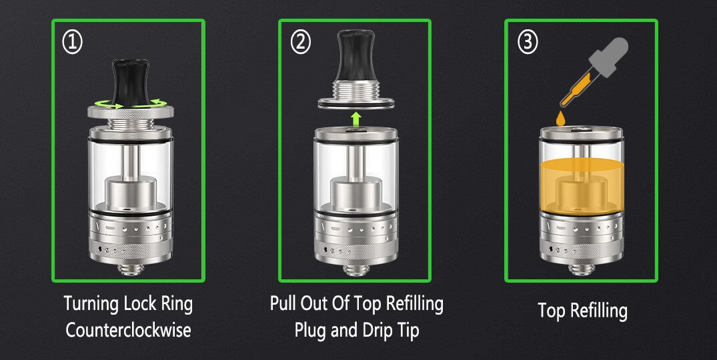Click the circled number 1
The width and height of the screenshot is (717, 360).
click(x=72, y=43)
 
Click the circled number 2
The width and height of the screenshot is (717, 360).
click(x=300, y=43)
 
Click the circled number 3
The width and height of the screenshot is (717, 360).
click(x=528, y=43)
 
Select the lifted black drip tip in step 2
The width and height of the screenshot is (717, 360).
click(x=355, y=56)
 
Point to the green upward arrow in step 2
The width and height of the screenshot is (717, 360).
click(x=355, y=120)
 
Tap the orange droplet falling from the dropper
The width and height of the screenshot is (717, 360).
click(x=560, y=119)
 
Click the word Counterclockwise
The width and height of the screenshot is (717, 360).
click(x=128, y=330)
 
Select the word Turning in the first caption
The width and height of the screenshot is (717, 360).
click(x=89, y=304)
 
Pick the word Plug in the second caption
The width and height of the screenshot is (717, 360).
click(x=311, y=331)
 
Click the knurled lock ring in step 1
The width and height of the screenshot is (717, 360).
click(x=131, y=112)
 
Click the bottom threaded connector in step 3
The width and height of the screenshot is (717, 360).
click(x=582, y=269)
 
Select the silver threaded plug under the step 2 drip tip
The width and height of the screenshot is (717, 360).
click(x=355, y=93)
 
